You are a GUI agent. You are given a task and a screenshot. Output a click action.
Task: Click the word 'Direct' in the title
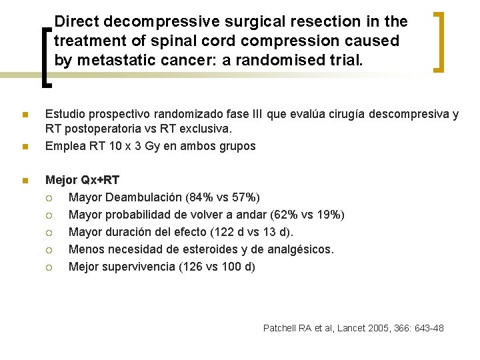pos(79,21)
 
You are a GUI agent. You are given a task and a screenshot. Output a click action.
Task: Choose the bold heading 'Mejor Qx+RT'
pos(82,180)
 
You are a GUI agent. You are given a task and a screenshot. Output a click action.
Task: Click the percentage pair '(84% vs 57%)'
pos(225,197)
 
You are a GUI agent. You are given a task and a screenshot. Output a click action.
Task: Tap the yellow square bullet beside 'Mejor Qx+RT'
pos(25,180)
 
